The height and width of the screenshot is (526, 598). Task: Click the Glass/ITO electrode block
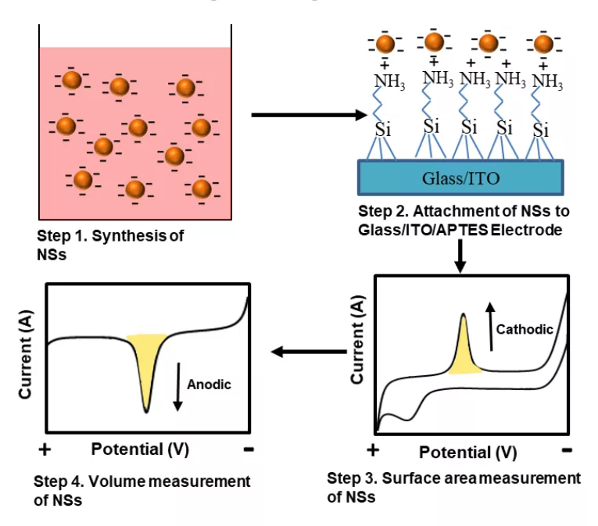[460, 177]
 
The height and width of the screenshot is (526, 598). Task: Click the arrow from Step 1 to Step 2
[309, 115]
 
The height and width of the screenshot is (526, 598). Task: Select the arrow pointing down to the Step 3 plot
[460, 256]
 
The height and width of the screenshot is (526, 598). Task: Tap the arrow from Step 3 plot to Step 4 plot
[309, 351]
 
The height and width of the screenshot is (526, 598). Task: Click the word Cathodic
[525, 329]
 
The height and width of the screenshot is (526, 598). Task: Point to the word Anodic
[209, 384]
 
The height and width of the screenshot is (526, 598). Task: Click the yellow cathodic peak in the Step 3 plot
[464, 349]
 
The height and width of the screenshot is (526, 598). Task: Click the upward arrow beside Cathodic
[491, 326]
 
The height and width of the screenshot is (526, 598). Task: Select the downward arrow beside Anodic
[177, 387]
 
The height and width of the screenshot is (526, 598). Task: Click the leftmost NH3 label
[389, 81]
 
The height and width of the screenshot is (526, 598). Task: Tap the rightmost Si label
[541, 130]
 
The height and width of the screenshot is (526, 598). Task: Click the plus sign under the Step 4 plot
[45, 449]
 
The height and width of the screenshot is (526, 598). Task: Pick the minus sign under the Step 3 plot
[567, 450]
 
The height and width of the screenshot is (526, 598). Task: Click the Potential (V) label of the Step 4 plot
[140, 449]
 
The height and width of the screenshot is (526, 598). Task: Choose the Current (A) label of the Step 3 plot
[357, 339]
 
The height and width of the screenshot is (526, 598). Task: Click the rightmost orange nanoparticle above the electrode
[543, 44]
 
